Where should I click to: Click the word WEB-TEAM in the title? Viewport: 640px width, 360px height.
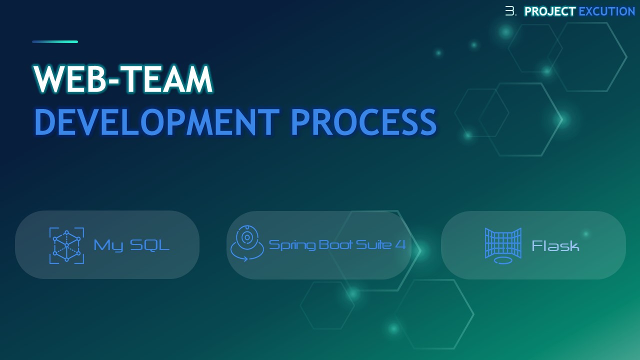tap(123, 79)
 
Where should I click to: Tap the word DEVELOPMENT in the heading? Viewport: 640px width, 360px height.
tap(157, 122)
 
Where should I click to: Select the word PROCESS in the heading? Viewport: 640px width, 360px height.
tap(363, 122)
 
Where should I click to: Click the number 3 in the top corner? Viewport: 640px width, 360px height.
tap(509, 11)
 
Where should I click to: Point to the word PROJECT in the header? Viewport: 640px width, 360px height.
tap(550, 11)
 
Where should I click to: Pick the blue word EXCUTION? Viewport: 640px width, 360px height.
tap(606, 11)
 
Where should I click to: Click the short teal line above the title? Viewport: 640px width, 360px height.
tap(55, 41)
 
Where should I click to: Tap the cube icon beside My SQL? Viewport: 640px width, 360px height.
tap(66, 245)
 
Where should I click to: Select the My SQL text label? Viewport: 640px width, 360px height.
tap(131, 245)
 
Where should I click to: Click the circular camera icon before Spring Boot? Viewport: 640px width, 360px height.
tap(247, 243)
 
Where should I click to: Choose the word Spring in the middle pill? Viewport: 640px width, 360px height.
tap(291, 245)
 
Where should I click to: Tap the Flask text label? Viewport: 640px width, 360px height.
tap(555, 245)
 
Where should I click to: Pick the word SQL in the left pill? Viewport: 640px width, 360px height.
tap(149, 245)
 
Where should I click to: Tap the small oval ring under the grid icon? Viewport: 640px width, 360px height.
tap(503, 260)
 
